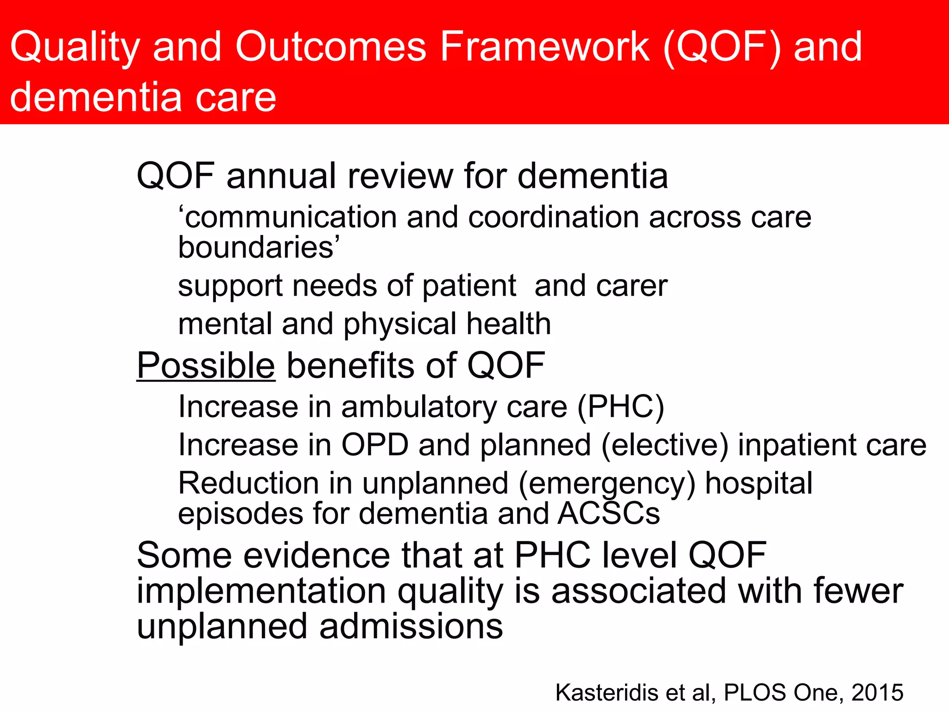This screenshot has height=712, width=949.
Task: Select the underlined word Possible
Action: click(x=206, y=366)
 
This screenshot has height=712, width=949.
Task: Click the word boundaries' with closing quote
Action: click(x=259, y=248)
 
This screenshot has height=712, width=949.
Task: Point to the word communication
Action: click(x=287, y=217)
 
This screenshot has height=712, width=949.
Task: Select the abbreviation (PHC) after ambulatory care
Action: click(x=620, y=407)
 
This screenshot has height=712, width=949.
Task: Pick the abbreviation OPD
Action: click(x=374, y=445)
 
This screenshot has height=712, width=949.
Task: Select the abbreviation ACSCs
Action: click(x=608, y=514)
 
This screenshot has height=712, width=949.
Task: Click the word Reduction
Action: click(x=248, y=483)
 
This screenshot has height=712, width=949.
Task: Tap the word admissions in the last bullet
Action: click(x=411, y=626)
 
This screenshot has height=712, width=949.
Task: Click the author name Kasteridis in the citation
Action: click(x=607, y=693)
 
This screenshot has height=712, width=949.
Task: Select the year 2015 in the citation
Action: click(x=877, y=693)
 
